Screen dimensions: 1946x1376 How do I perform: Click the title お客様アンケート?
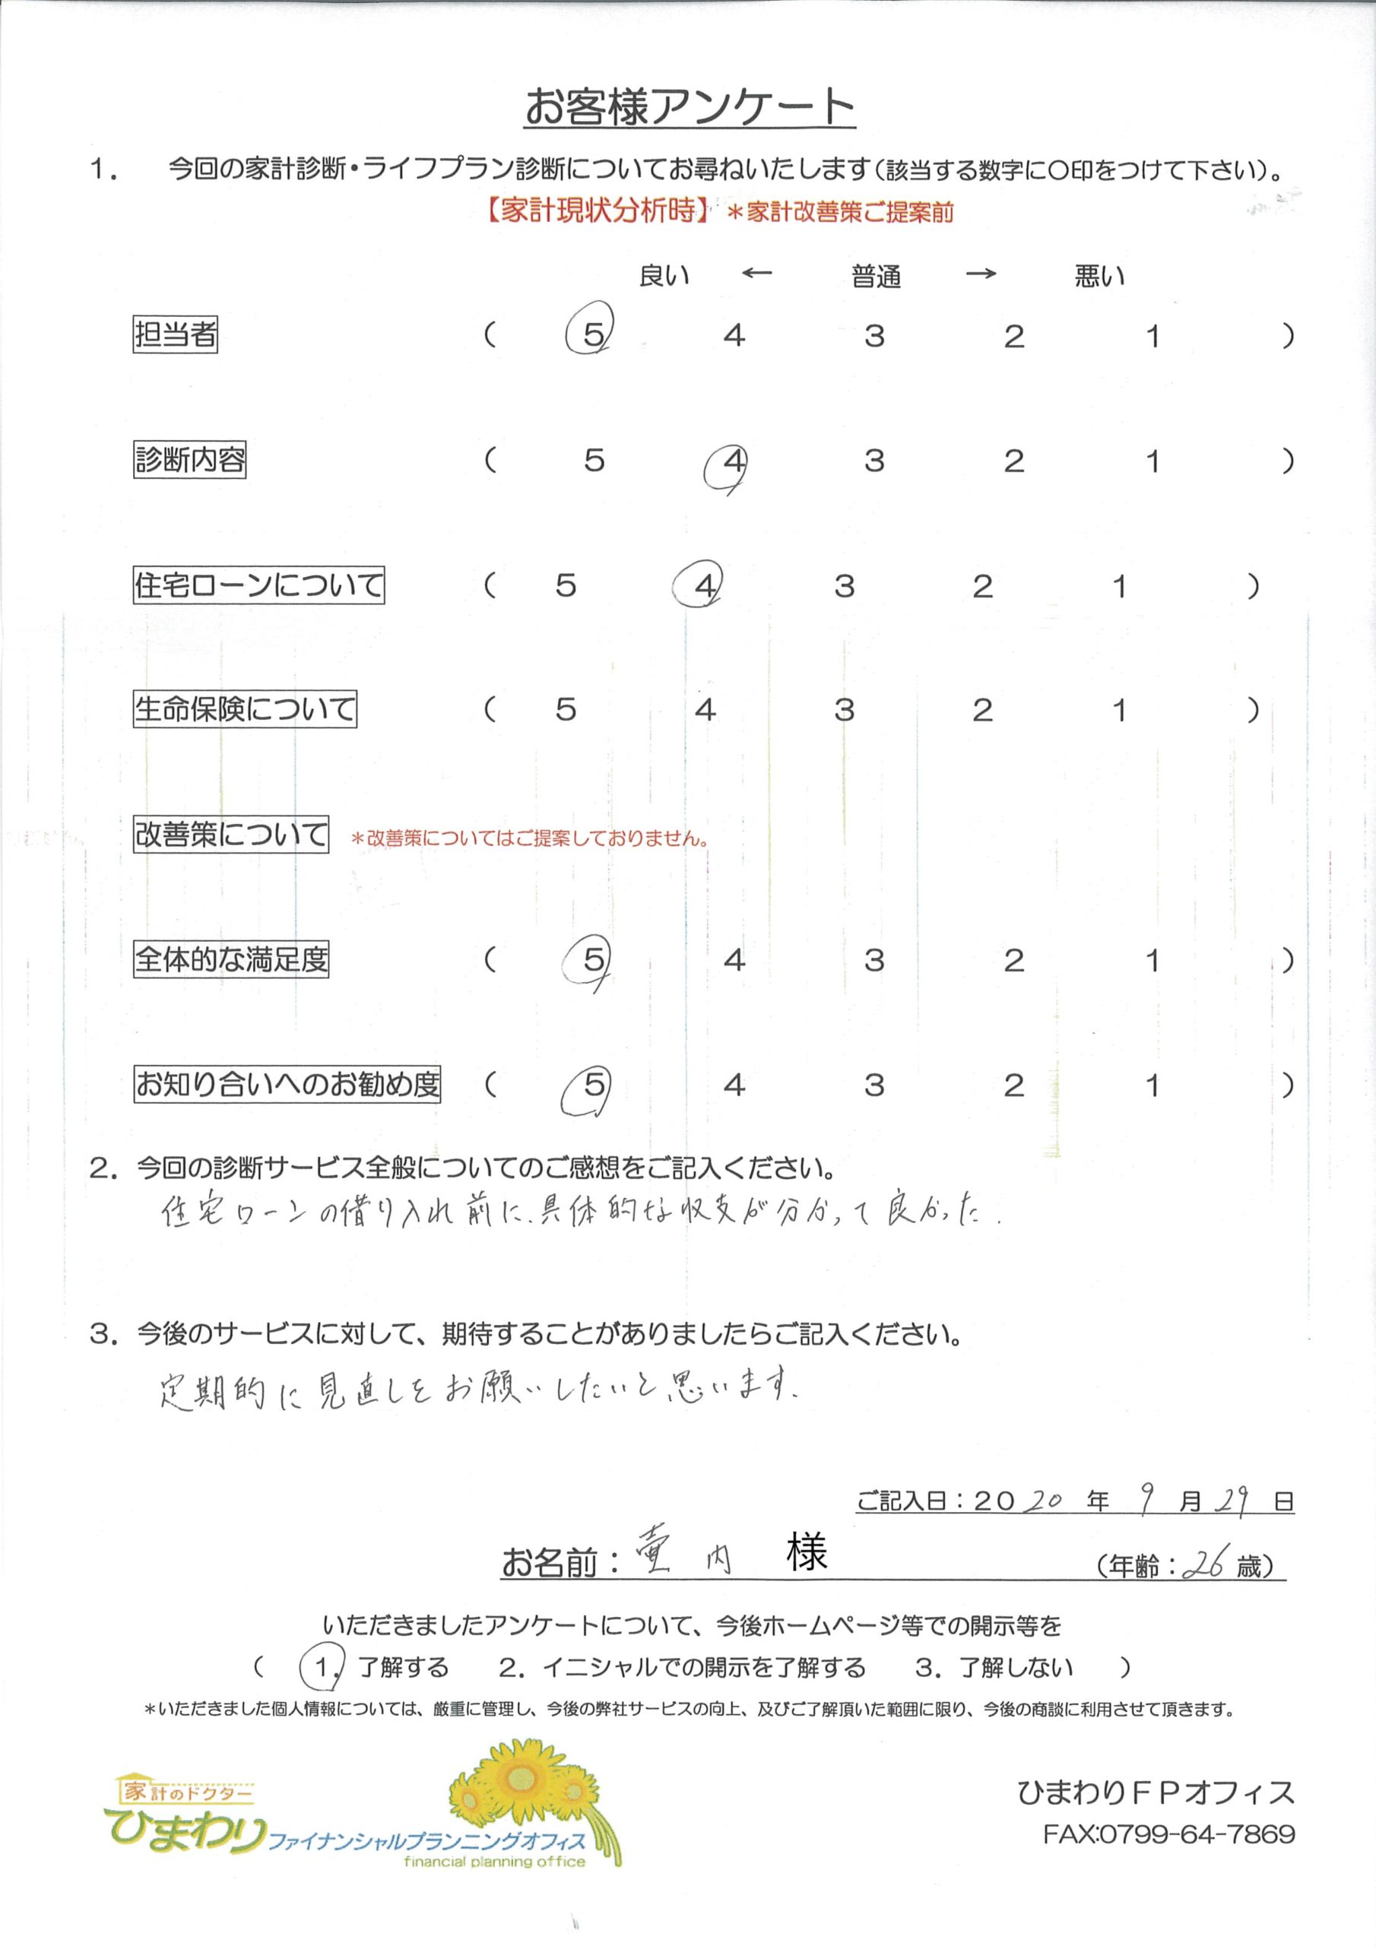689,108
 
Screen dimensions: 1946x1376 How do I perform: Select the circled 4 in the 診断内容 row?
734,462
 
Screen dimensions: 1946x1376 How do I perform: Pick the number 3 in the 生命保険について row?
844,709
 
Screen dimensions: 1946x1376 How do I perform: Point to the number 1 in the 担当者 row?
1152,337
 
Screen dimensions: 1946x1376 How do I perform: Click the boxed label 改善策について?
230,835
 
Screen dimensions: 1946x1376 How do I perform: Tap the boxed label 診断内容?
189,460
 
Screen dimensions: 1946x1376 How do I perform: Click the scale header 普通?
876,276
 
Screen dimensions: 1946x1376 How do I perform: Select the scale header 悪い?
1099,276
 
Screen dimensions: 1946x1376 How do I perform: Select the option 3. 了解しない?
994,1668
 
